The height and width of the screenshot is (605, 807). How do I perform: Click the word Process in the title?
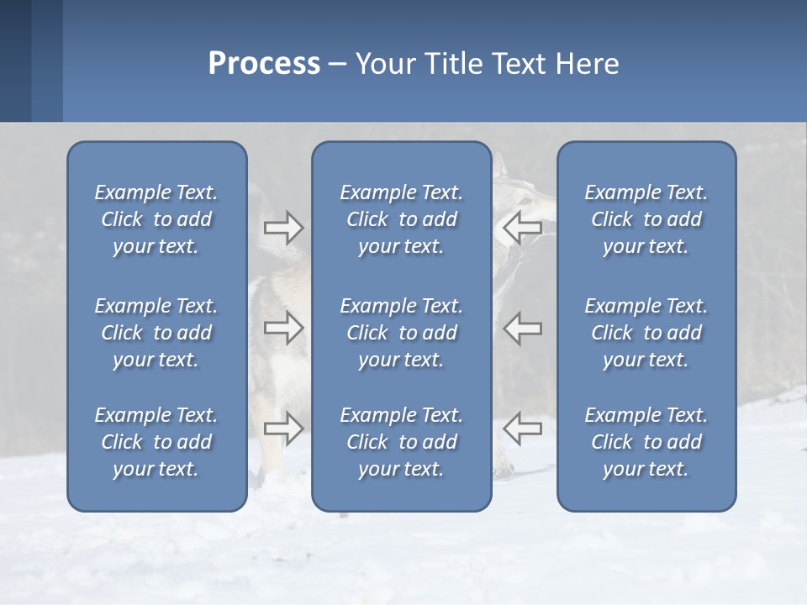point(264,64)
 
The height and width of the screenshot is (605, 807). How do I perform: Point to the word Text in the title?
point(524,64)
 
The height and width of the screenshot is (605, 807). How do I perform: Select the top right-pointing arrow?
point(283,228)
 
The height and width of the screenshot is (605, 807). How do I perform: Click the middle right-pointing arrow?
point(283,328)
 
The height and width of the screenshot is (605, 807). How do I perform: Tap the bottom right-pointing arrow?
point(283,429)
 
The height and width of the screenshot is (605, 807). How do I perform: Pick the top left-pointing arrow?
point(522,228)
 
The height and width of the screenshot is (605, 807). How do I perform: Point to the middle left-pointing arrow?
point(522,328)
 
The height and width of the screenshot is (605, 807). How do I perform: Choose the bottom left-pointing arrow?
point(522,429)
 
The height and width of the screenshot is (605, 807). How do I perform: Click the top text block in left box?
point(156,219)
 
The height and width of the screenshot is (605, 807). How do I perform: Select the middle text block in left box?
point(156,333)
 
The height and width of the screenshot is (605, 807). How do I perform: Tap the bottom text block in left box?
point(156,442)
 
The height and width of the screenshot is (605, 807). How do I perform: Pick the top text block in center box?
point(402,219)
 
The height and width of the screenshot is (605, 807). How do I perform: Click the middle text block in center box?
point(402,333)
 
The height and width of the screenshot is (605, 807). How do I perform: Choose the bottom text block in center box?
point(402,442)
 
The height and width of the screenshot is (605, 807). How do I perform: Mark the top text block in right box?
point(646,219)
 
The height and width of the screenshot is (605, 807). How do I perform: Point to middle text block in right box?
point(646,333)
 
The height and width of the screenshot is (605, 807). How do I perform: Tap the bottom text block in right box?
point(646,442)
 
